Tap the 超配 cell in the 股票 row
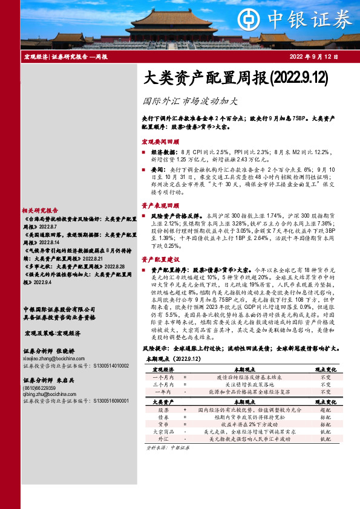[x=325, y=409]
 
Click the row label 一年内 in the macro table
[x=162, y=391]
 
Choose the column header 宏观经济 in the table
[x=163, y=368]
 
